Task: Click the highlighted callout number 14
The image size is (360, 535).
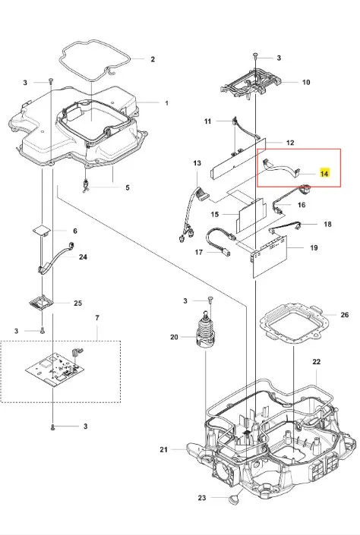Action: coord(324,173)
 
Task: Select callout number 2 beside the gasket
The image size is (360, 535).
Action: coord(153,59)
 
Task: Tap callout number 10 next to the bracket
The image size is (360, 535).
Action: coord(306,82)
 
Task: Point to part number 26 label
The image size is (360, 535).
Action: coord(345,314)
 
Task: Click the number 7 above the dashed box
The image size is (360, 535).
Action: coord(97,318)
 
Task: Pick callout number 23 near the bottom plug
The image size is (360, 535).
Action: coord(202,498)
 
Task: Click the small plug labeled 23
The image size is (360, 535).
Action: coord(234,500)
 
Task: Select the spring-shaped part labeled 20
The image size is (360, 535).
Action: coord(206,330)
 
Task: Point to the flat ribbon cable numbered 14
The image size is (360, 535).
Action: coord(281,168)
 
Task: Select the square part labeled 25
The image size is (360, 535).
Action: coord(42,303)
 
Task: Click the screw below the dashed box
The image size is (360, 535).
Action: coord(52,426)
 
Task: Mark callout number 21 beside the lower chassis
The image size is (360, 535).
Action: coord(163,450)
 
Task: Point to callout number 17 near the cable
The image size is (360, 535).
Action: coord(199,252)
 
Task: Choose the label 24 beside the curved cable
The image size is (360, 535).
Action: coord(83,256)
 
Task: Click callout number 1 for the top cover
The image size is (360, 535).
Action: coord(166,102)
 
